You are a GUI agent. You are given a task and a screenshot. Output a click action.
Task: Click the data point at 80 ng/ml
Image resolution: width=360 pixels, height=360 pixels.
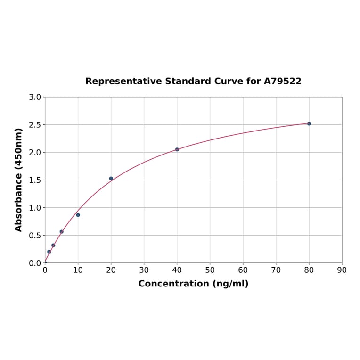click(309, 123)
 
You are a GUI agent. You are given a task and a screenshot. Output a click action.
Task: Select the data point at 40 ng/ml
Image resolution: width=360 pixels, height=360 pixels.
click(177, 149)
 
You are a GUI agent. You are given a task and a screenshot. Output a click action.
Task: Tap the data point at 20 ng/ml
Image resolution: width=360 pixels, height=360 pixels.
click(111, 179)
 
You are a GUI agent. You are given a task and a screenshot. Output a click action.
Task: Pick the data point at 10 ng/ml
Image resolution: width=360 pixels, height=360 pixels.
click(78, 215)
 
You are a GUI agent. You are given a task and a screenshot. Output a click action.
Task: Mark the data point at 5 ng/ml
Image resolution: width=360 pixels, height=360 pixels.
click(61, 232)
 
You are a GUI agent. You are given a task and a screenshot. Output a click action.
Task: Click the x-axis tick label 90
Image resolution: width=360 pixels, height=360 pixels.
click(342, 270)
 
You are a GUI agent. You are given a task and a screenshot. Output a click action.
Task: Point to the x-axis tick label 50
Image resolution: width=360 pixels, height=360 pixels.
click(210, 270)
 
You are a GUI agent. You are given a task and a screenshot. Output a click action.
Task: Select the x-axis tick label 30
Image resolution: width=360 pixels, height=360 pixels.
click(144, 270)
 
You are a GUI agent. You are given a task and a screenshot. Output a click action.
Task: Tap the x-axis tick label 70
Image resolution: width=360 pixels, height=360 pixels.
click(276, 270)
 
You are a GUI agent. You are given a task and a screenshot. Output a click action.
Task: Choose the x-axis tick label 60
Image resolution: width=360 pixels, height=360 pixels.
click(243, 270)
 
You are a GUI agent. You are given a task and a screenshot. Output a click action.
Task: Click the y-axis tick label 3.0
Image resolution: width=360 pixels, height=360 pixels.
click(35, 97)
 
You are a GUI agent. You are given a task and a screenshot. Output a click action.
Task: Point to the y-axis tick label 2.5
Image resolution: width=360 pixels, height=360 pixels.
click(35, 125)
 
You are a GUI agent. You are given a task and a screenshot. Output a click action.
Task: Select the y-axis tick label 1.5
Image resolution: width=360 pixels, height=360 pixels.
click(35, 180)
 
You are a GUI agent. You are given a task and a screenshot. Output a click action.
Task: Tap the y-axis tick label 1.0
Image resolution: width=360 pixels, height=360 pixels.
click(35, 208)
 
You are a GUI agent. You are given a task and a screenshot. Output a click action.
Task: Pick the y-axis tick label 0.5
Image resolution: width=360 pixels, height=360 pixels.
click(35, 236)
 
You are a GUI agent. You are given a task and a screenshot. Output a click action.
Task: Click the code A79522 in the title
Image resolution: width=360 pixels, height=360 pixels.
click(282, 81)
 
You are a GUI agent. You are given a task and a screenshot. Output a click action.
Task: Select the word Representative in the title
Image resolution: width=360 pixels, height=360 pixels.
click(124, 81)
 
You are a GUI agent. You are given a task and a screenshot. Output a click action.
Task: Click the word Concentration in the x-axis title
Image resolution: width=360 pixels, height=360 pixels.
click(173, 284)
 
